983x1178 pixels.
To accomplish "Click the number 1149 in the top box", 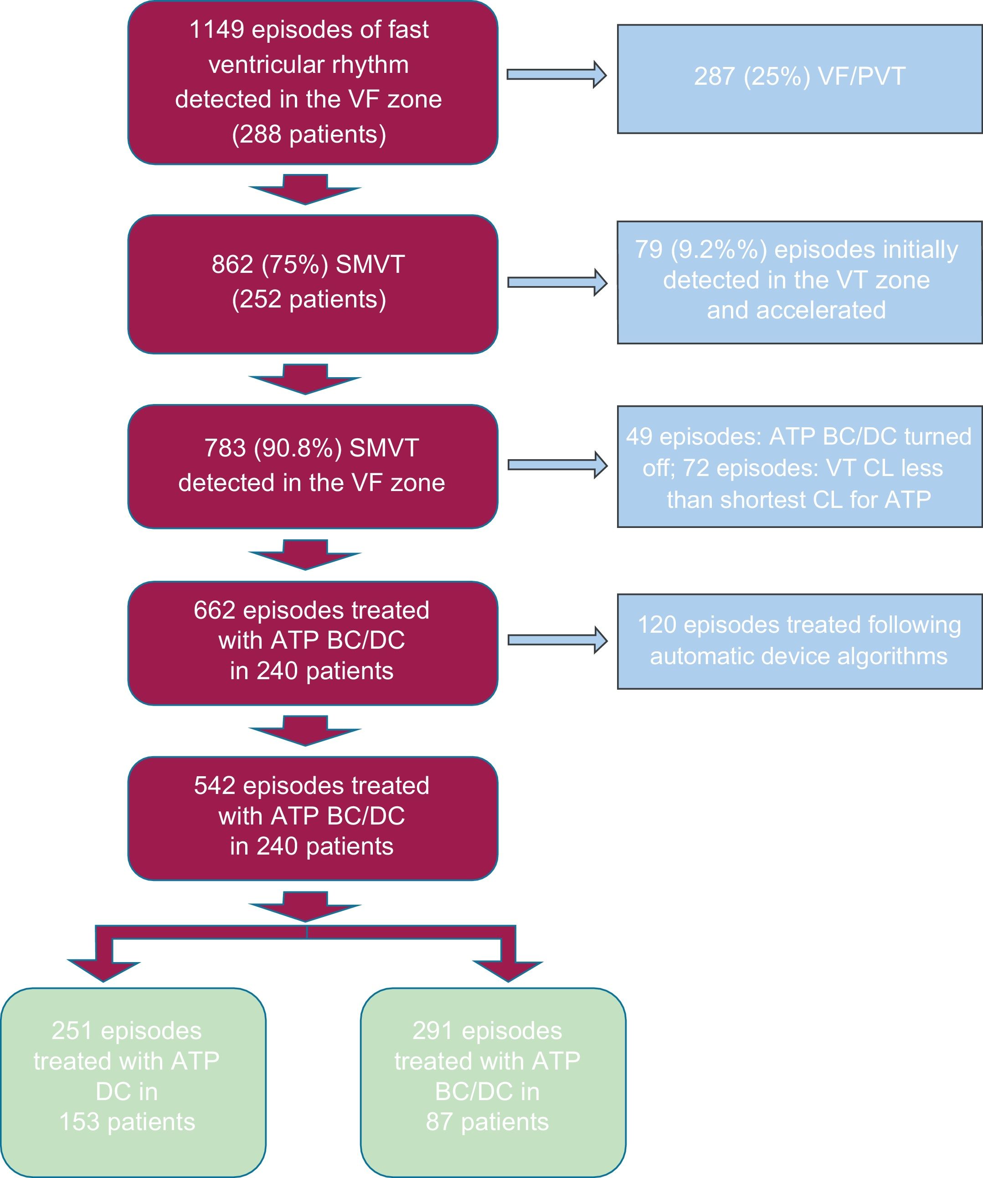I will (x=216, y=30).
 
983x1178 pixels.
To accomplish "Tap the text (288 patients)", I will (x=309, y=135).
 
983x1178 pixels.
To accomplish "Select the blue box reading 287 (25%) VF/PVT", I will (x=799, y=78).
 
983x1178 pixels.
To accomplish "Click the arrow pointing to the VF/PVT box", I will (x=556, y=75).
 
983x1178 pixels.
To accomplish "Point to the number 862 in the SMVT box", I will (x=232, y=264).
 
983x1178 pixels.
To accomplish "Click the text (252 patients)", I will (x=309, y=299).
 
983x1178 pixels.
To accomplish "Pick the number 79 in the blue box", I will (x=648, y=250).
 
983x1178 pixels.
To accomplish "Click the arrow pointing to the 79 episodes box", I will (x=556, y=282).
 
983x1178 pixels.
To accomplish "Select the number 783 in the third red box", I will (x=225, y=448).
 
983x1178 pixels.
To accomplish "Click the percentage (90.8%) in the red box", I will (x=298, y=448).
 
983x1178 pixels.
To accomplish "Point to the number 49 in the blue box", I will (x=639, y=436).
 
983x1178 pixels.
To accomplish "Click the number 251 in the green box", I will (x=72, y=1031).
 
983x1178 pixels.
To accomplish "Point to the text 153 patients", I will (x=127, y=1122).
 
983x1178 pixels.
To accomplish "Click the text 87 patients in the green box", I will (x=487, y=1122).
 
